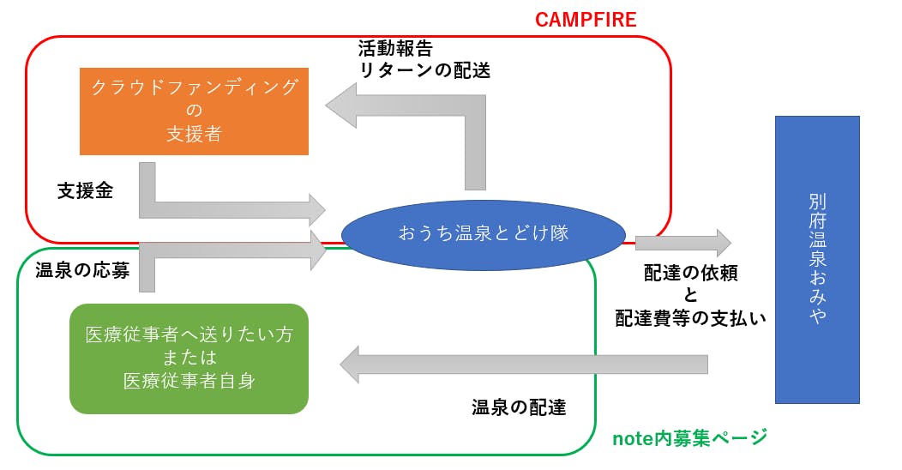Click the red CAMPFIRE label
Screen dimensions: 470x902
pos(586,19)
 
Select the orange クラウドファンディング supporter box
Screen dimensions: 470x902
pos(194,111)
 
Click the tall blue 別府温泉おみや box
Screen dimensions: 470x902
pos(816,259)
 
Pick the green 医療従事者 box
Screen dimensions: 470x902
pos(189,359)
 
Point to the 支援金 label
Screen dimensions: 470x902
pos(85,190)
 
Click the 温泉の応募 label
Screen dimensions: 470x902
pos(82,271)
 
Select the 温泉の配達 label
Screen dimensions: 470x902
pos(519,407)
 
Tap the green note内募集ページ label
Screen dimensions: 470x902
pos(689,438)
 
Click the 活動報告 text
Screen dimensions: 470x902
pos(395,48)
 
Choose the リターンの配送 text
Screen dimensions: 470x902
pos(424,71)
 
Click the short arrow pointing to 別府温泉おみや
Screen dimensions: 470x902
pos(683,244)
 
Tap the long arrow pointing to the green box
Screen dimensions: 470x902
pos(523,365)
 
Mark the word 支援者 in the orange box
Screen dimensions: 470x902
pos(194,134)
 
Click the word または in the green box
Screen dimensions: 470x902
pos(189,358)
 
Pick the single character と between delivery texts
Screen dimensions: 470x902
pos(691,296)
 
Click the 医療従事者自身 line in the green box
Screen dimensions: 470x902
pos(189,380)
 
